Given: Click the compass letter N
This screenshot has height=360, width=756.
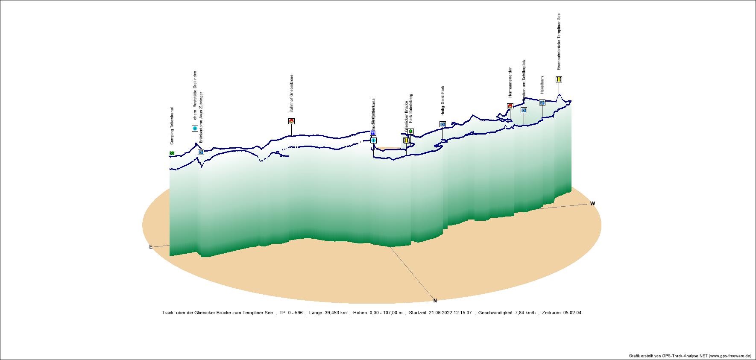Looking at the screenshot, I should coord(435,301).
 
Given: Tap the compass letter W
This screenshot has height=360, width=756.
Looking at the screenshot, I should coord(592,204).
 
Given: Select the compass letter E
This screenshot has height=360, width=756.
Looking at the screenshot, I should coord(151,247).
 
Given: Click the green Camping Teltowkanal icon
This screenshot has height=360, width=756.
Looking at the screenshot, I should coord(172,153).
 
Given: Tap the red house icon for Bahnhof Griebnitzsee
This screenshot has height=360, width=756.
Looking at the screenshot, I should coord(291,121).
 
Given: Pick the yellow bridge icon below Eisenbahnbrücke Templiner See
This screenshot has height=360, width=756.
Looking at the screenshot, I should coord(559,79).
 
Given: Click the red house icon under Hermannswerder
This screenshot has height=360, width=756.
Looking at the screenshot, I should coord(510,106).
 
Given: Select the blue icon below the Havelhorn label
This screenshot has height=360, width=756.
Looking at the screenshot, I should coord(542,102).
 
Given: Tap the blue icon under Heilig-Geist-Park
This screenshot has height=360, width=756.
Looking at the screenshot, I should coord(442,124).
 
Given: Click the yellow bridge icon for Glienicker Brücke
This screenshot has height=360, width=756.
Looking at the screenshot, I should coord(406,140).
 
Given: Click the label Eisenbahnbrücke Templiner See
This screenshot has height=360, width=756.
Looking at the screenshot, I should coord(559,41).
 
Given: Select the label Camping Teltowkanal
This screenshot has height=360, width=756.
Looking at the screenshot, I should coord(172,126).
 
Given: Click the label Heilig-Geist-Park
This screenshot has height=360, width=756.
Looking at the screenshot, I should coord(443,101).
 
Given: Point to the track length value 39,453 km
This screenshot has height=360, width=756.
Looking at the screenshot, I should coord(334,313).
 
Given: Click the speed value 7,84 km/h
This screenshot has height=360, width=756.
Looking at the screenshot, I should coord(523,313).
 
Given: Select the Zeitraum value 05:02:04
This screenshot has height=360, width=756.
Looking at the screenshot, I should coord(572,313).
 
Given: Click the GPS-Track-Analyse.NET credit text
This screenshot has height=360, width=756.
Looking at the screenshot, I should coord(690,356).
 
